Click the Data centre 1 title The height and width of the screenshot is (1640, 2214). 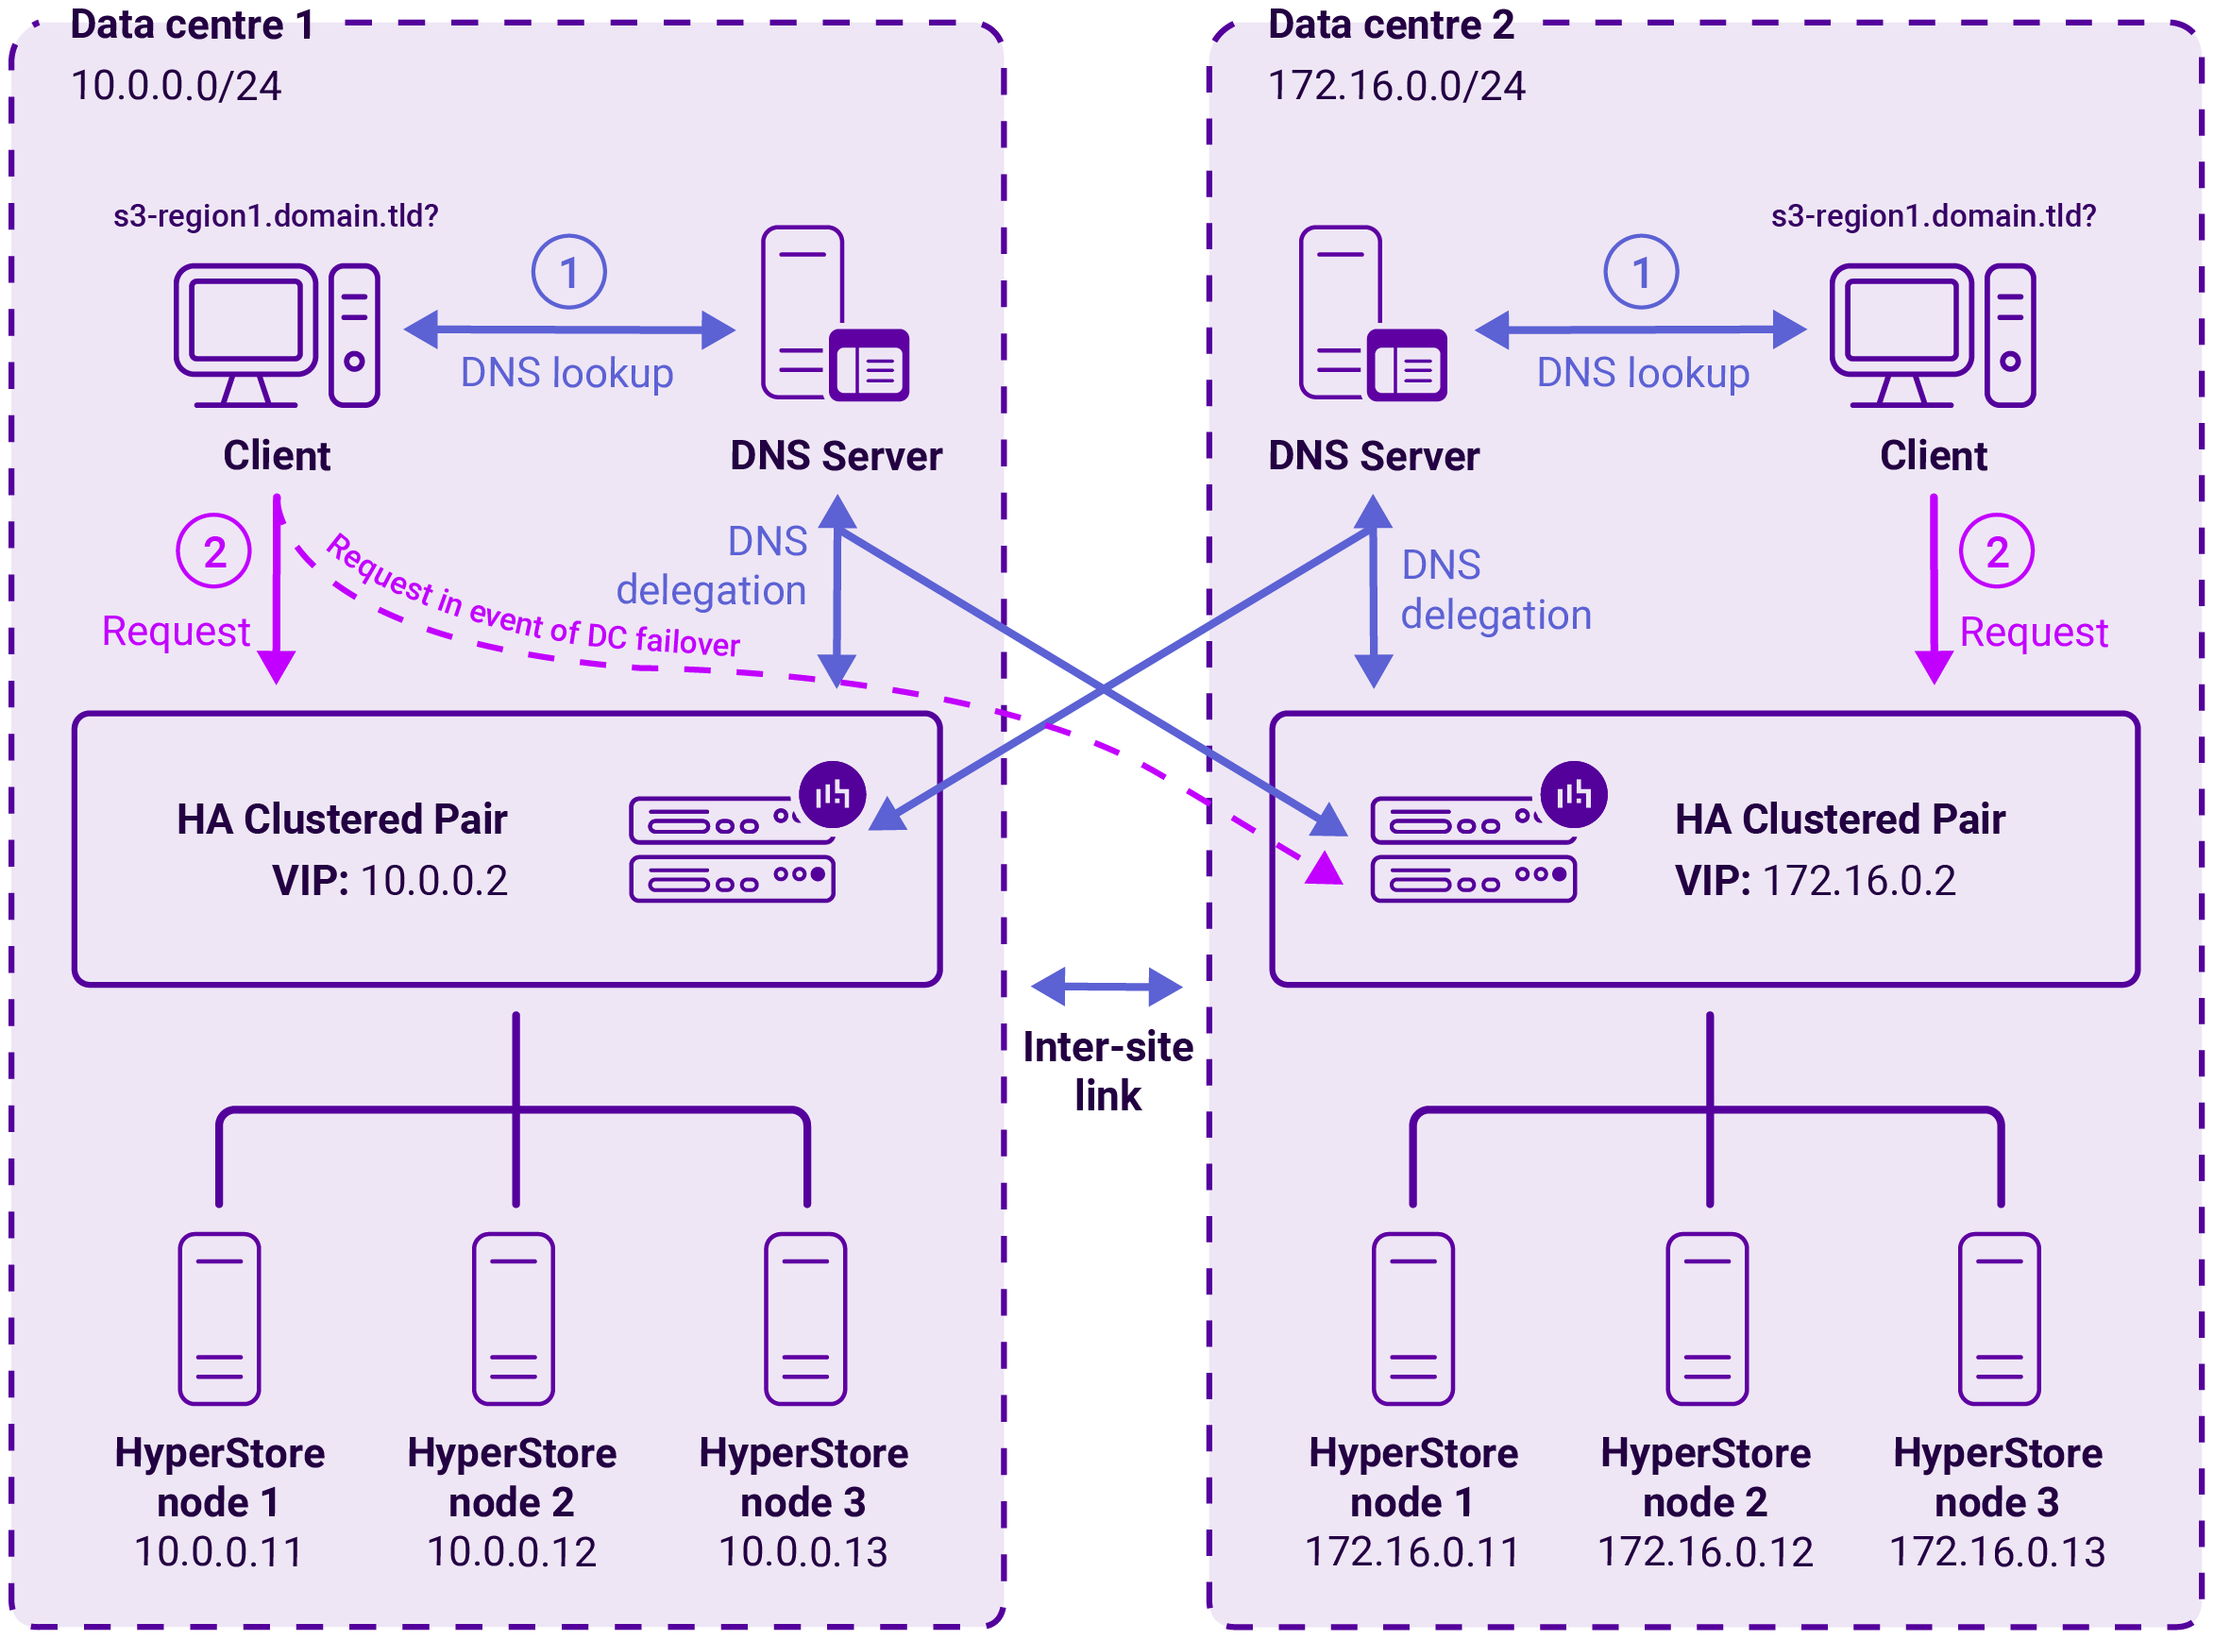pyautogui.click(x=192, y=25)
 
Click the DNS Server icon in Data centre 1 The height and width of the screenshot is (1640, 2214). pyautogui.click(x=834, y=313)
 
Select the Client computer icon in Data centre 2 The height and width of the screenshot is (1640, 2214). pyautogui.click(x=1931, y=334)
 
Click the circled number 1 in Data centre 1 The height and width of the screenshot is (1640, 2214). pyautogui.click(x=569, y=272)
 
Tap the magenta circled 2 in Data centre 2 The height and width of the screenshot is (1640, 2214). pyautogui.click(x=1996, y=551)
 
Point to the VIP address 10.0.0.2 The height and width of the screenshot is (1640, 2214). pyautogui.click(x=434, y=881)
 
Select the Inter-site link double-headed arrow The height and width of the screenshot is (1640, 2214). pyautogui.click(x=1106, y=987)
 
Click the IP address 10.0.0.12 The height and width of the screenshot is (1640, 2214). pyautogui.click(x=512, y=1551)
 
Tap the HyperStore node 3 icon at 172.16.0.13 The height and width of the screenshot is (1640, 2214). pyautogui.click(x=1998, y=1319)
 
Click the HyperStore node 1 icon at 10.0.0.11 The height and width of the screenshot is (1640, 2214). pyautogui.click(x=219, y=1319)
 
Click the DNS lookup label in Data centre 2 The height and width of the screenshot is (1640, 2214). pyautogui.click(x=1642, y=373)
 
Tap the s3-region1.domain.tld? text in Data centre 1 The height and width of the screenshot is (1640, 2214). pyautogui.click(x=275, y=215)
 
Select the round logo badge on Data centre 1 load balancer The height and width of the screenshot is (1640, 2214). pyautogui.click(x=832, y=794)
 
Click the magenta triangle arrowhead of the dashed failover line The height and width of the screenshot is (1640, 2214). pyautogui.click(x=1324, y=869)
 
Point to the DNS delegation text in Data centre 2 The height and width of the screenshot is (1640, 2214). pyautogui.click(x=1495, y=590)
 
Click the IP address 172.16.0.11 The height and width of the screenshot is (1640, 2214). pyautogui.click(x=1411, y=1551)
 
